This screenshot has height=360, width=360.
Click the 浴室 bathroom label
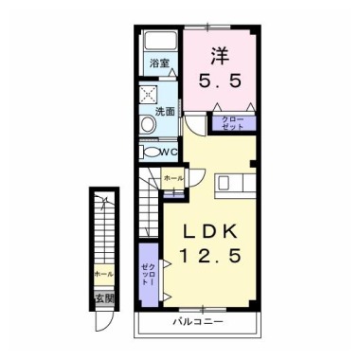click(159, 63)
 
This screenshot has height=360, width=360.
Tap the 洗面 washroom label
click(165, 111)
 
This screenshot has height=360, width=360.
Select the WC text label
click(169, 152)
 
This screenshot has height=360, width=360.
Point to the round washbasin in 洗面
click(148, 124)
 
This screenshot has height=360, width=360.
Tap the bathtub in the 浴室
click(160, 41)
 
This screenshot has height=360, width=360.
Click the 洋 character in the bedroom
click(220, 57)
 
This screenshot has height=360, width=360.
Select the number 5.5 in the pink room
click(220, 81)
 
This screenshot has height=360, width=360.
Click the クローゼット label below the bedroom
click(233, 123)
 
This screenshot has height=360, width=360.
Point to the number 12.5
click(210, 255)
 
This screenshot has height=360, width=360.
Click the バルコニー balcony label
click(198, 322)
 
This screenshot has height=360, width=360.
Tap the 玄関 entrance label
click(104, 298)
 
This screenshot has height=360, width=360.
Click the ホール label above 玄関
click(104, 274)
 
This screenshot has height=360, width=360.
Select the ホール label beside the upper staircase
click(173, 179)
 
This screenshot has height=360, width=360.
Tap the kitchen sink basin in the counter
click(224, 183)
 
